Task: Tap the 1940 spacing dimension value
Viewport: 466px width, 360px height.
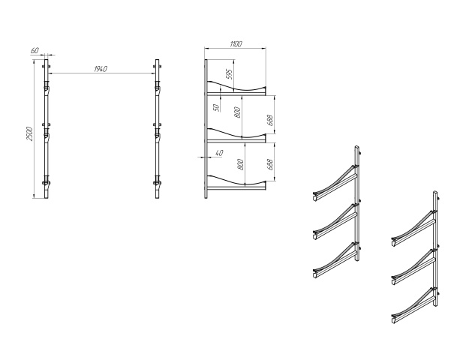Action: click(x=101, y=69)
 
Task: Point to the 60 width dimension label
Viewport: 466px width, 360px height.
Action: click(x=35, y=51)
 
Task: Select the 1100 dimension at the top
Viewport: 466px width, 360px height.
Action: click(x=236, y=44)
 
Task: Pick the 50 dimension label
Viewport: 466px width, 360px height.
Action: click(x=215, y=108)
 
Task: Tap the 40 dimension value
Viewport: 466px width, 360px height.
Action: click(x=219, y=154)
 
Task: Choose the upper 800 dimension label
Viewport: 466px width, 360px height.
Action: click(x=237, y=114)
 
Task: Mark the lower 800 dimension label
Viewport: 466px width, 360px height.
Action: click(x=241, y=164)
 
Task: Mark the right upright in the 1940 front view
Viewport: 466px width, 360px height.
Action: click(x=158, y=127)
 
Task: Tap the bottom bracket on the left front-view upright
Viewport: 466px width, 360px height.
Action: click(x=46, y=183)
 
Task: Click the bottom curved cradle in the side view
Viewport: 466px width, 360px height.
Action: click(x=237, y=180)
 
